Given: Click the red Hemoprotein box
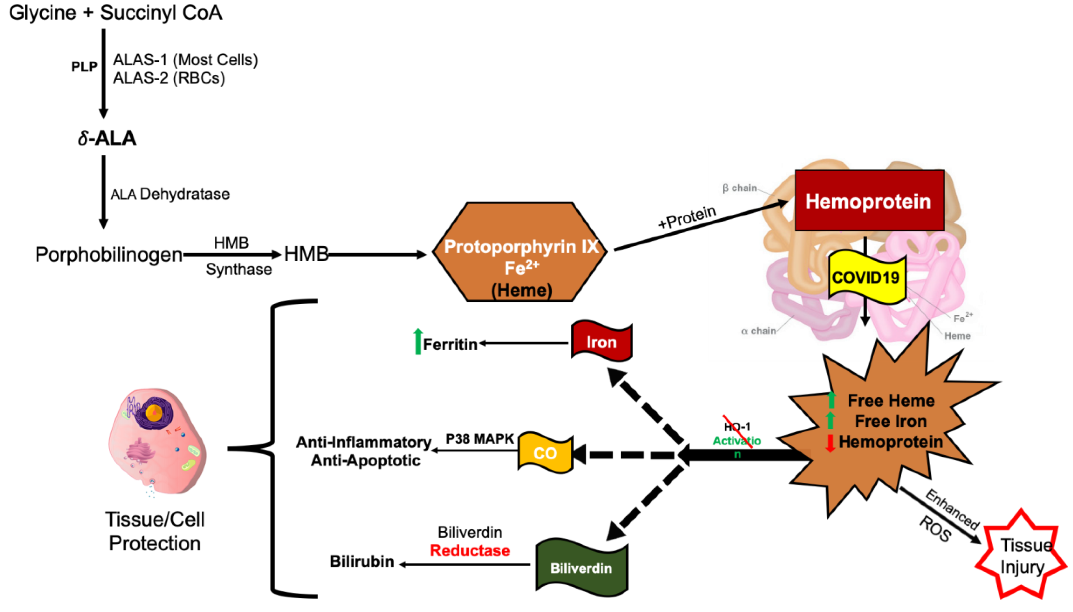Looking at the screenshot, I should [869, 201].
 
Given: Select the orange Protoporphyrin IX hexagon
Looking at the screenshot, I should [520, 252].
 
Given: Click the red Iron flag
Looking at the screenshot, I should [601, 341].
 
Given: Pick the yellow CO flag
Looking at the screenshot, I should [545, 453].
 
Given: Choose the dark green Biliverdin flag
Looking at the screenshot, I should [581, 567].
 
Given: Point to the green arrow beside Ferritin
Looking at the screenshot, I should [417, 341].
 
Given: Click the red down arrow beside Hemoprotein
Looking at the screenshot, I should [830, 443].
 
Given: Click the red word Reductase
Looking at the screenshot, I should [470, 551].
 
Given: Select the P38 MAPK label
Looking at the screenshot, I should [479, 439].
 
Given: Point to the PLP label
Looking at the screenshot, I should [84, 66].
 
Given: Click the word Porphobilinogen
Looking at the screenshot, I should [109, 254].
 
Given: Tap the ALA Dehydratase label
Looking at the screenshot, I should [170, 194].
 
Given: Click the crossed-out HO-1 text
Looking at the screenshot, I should [737, 427].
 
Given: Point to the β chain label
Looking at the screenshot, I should [739, 188].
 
